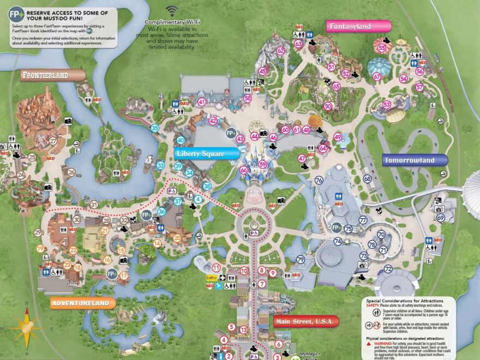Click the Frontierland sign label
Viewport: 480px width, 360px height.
[53, 75]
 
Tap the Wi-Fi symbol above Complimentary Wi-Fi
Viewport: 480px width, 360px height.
[172, 11]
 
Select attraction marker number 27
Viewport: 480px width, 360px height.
[53, 141]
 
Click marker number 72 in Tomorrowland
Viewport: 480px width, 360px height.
[388, 269]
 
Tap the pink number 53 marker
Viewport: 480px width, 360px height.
[387, 104]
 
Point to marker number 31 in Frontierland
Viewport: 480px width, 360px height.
[94, 205]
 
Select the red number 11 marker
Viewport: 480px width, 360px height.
[216, 267]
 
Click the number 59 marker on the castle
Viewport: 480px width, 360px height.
[263, 164]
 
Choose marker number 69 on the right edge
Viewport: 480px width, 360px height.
[440, 218]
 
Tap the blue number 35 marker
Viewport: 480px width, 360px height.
[155, 128]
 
